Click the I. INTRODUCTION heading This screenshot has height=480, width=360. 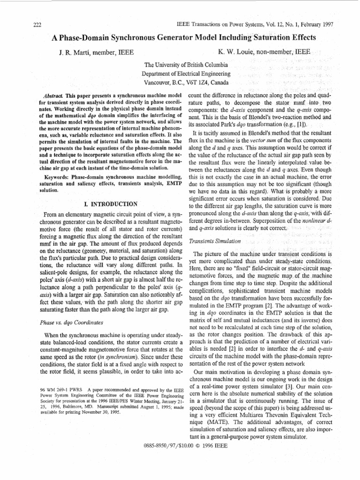tap(109, 204)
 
